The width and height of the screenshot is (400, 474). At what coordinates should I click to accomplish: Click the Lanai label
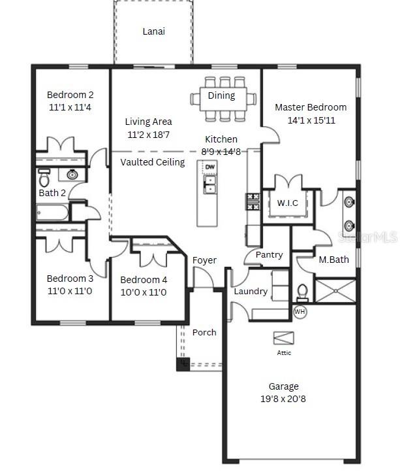pyautogui.click(x=153, y=31)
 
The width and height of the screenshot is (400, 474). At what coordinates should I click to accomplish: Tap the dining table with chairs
pyautogui.click(x=223, y=99)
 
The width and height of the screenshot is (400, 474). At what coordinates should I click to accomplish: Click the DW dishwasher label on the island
pyautogui.click(x=209, y=167)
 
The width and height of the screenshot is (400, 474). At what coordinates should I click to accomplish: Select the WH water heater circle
pyautogui.click(x=300, y=311)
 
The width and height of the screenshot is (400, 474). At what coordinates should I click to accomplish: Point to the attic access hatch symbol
pyautogui.click(x=284, y=337)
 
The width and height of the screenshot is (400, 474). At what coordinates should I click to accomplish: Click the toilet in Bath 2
pyautogui.click(x=44, y=178)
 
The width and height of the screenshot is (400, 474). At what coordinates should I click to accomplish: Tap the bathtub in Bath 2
pyautogui.click(x=52, y=212)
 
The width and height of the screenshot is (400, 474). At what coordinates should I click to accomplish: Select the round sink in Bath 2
pyautogui.click(x=72, y=175)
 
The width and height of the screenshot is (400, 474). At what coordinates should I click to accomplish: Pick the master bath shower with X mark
pyautogui.click(x=336, y=290)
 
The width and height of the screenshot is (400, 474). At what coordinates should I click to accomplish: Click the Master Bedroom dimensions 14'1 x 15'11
pyautogui.click(x=311, y=120)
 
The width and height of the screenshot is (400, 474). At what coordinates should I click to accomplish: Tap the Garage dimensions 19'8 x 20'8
pyautogui.click(x=283, y=398)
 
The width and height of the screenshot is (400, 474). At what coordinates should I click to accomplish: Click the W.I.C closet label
pyautogui.click(x=287, y=203)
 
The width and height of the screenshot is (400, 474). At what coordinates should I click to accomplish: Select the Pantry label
pyautogui.click(x=269, y=255)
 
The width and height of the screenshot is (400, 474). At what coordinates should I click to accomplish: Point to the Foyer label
pyautogui.click(x=204, y=260)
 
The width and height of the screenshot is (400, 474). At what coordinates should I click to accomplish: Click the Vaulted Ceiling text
pyautogui.click(x=153, y=161)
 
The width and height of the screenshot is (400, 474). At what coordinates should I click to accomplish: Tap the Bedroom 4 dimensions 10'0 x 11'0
pyautogui.click(x=144, y=292)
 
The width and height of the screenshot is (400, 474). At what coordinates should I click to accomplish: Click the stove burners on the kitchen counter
pyautogui.click(x=251, y=201)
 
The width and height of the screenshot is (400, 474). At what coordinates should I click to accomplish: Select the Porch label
pyautogui.click(x=204, y=332)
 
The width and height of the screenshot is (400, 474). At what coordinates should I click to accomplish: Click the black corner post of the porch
pyautogui.click(x=183, y=364)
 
